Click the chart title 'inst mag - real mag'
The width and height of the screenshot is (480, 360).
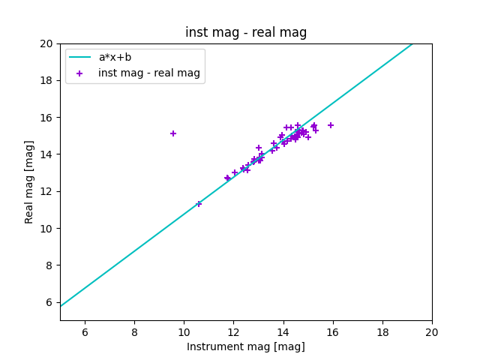pos(246,32)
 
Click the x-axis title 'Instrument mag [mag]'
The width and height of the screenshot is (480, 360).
pos(246,346)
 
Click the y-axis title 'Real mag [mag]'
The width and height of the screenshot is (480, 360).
pos(30,181)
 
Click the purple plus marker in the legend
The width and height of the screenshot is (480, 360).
pos(79,73)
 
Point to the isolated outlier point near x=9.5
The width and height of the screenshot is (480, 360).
pos(173,133)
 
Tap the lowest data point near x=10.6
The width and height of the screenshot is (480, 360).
pos(199,204)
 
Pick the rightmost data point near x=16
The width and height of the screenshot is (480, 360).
pos(331,125)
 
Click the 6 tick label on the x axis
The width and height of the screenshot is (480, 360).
pos(85,332)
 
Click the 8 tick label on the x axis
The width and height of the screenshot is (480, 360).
pos(134,332)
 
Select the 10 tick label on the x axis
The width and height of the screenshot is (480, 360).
pos(184,332)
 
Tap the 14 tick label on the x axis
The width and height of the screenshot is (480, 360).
pos(283,332)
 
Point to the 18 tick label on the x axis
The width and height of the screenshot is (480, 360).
pos(382,332)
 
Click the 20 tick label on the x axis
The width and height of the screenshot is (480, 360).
pos(432,332)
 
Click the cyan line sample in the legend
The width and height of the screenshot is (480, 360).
pos(79,57)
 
